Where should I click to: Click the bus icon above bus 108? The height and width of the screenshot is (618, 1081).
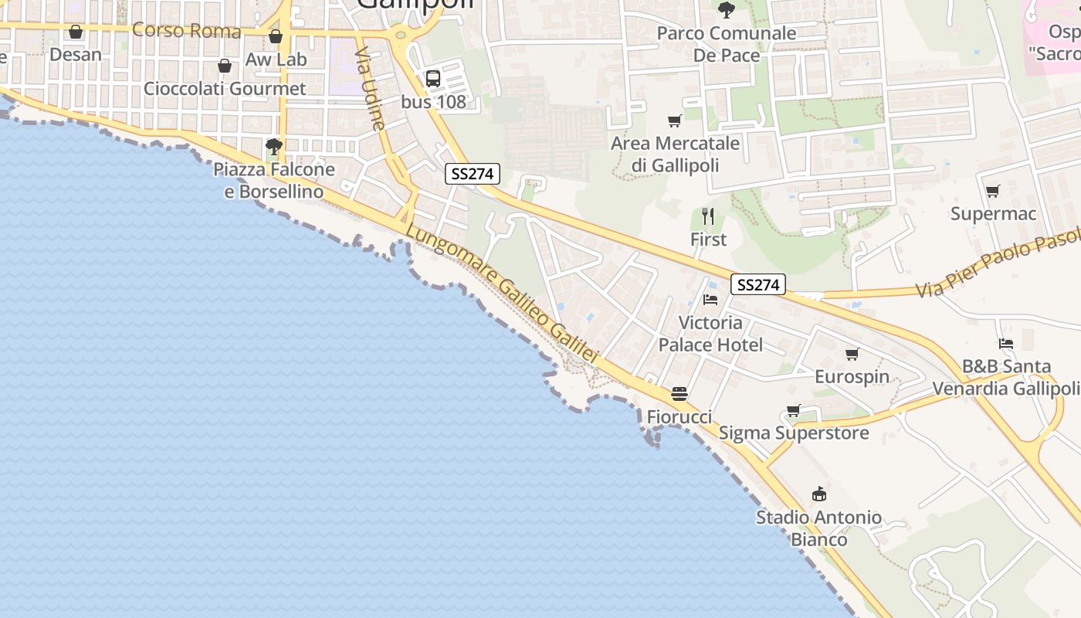(433, 78)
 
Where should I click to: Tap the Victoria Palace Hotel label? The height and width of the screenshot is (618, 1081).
(710, 334)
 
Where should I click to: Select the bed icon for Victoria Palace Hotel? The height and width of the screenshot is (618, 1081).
(710, 300)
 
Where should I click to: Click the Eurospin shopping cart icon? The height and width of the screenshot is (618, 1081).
(852, 354)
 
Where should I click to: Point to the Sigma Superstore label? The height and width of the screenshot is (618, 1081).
(794, 433)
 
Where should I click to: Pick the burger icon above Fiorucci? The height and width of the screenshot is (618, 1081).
(679, 394)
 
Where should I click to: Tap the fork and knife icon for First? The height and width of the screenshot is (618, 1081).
(708, 216)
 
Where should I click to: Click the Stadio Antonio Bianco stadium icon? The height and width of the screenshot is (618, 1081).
(818, 494)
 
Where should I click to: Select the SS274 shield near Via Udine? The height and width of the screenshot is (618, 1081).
(473, 174)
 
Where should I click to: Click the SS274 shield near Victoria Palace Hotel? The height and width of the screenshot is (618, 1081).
(757, 285)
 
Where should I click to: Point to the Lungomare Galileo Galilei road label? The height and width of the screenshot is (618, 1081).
(502, 294)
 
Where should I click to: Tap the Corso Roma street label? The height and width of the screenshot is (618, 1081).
(187, 31)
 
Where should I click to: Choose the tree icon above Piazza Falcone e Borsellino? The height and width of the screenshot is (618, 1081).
(273, 146)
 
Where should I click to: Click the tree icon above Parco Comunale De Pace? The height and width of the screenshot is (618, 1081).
(726, 10)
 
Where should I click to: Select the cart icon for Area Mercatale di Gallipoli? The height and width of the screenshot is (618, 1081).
(675, 121)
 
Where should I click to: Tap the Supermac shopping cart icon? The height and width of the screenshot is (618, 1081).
(992, 191)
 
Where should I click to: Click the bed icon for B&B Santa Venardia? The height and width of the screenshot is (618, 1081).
(1005, 344)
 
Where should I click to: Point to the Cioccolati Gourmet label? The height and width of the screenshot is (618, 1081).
(225, 89)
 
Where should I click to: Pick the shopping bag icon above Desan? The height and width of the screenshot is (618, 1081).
(76, 32)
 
